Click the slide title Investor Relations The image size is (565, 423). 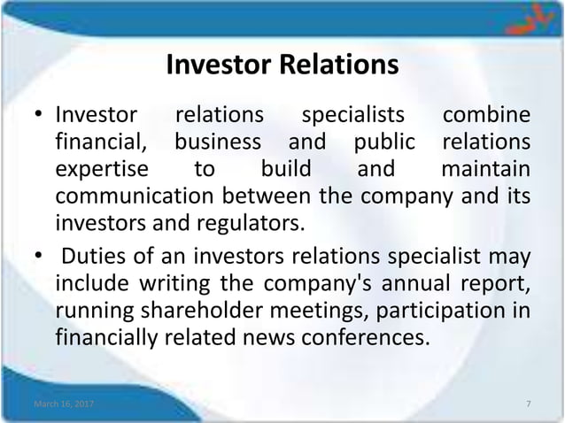pyautogui.click(x=282, y=65)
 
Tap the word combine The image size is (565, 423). pyautogui.click(x=487, y=116)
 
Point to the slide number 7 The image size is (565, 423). pyautogui.click(x=528, y=404)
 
